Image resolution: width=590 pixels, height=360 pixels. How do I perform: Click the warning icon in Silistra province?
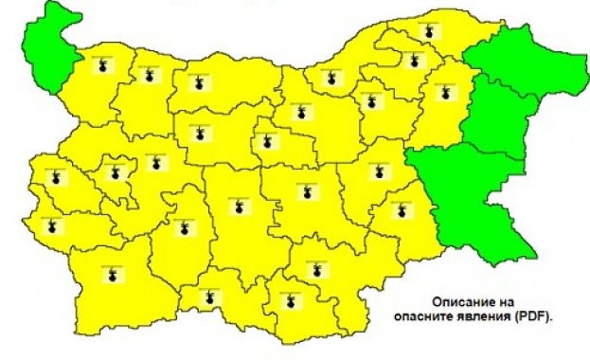click(428, 34)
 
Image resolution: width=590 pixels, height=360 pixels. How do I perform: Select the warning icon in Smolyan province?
click(210, 297)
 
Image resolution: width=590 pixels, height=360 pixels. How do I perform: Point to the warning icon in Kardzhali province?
click(291, 302)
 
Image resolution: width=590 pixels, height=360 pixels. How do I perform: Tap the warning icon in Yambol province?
click(399, 210)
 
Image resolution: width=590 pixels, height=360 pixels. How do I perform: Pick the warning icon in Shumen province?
click(440, 92)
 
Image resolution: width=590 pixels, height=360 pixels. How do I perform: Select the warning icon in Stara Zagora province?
click(305, 191)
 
